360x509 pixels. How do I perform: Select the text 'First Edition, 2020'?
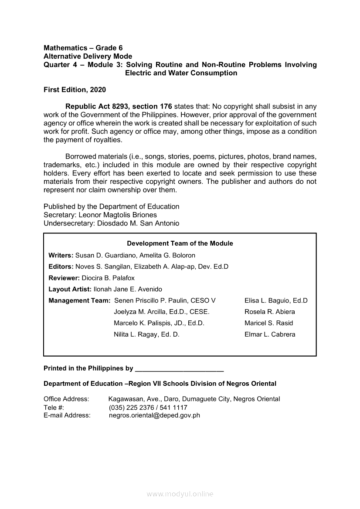pos(75,90)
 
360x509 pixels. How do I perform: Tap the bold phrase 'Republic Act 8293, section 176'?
pos(119,107)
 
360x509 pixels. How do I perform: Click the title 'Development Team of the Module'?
pos(180,243)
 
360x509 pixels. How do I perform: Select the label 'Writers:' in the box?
pos(61,255)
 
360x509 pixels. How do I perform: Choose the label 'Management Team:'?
pos(79,300)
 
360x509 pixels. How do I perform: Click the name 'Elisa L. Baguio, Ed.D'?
pos(276,300)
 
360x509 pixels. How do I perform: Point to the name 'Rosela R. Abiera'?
pos(270,312)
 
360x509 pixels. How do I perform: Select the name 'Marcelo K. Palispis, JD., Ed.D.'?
pos(159,323)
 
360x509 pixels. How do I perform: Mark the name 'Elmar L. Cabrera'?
pos(270,334)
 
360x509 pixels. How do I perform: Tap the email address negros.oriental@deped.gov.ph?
pos(154,415)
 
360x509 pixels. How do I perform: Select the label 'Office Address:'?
pos(66,399)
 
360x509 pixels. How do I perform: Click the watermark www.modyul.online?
pos(180,494)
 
